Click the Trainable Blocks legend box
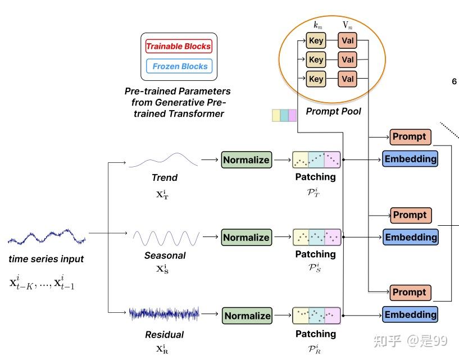pyautogui.click(x=179, y=46)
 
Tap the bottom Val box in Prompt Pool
pyautogui.click(x=348, y=79)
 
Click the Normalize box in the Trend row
pyautogui.click(x=246, y=160)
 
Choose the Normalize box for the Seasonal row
pyautogui.click(x=246, y=238)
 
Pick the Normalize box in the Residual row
pyautogui.click(x=247, y=316)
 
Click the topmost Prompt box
pyautogui.click(x=410, y=136)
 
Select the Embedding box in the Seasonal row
pyautogui.click(x=411, y=237)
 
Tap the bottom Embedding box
pyautogui.click(x=410, y=315)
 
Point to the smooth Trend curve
pyautogui.click(x=163, y=161)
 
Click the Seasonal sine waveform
pyautogui.click(x=165, y=238)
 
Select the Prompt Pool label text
pyautogui.click(x=333, y=111)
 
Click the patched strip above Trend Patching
pyautogui.click(x=316, y=160)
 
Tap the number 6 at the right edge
pyautogui.click(x=454, y=81)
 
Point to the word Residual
pyautogui.click(x=164, y=335)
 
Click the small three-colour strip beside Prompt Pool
pyautogui.click(x=284, y=115)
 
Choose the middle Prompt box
pyautogui.click(x=410, y=215)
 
